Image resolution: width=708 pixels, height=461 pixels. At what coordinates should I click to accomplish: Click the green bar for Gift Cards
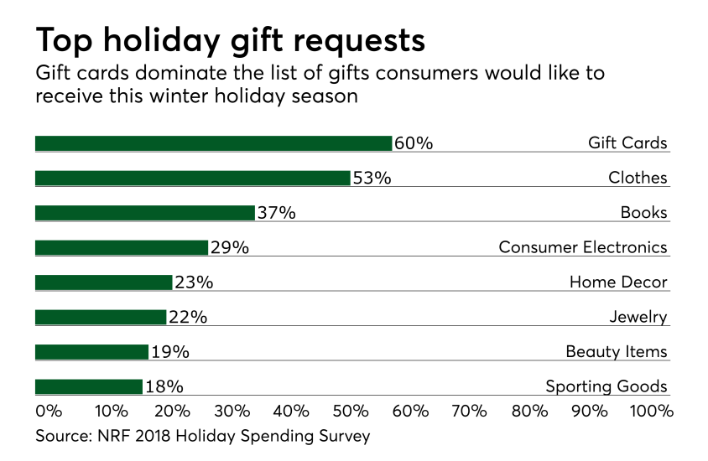coord(213,143)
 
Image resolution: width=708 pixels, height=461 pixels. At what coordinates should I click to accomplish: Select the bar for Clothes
coord(192,178)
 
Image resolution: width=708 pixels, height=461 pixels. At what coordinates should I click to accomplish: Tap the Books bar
coord(144,213)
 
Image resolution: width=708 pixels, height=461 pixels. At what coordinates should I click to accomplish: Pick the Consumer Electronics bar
coord(121,247)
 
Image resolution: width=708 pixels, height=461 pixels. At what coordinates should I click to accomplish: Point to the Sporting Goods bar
coord(88,386)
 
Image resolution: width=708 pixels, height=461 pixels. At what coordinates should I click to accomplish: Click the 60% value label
coord(414,143)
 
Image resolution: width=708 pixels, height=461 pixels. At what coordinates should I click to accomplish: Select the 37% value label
coord(276,213)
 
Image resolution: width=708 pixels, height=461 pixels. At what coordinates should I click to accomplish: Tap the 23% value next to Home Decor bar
coord(194,282)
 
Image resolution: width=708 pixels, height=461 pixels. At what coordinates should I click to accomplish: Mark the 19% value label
coord(169,352)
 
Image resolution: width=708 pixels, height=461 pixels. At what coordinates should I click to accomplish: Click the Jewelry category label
coord(638,317)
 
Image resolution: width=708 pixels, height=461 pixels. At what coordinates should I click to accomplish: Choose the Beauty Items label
coord(617,352)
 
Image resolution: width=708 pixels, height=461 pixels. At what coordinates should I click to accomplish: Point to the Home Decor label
coord(618,282)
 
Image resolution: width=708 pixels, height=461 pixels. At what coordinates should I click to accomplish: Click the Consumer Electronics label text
coord(583,247)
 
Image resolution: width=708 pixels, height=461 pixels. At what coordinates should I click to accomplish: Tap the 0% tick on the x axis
coord(49,412)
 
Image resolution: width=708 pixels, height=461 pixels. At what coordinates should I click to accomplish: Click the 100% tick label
coord(651,412)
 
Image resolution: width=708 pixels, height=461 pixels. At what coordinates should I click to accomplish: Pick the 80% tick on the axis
coord(530,412)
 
